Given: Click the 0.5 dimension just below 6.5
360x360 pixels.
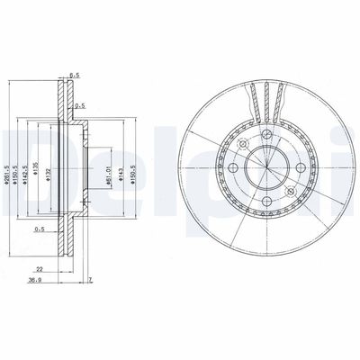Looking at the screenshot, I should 80,106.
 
